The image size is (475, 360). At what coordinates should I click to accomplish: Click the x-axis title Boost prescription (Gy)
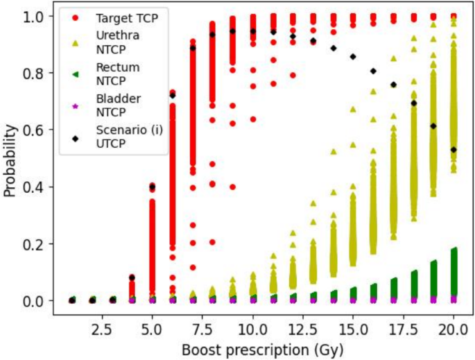pos(263,349)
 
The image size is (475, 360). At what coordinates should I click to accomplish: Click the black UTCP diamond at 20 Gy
pos(454,149)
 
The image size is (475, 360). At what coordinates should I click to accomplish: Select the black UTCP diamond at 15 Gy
pos(353,57)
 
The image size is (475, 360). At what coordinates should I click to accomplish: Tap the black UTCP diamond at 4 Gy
pos(132,277)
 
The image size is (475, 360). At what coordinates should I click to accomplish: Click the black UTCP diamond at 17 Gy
pos(393,85)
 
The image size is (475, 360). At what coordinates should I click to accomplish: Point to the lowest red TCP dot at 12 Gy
pos(293,75)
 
